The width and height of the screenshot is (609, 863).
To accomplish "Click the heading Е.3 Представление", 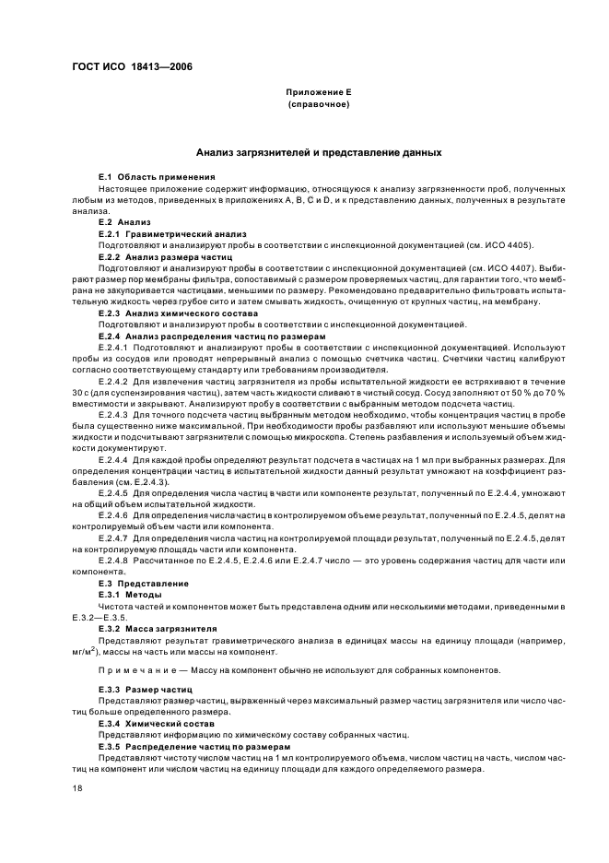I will coord(144,584).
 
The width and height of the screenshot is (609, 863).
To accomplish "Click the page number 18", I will coord(78,788).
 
